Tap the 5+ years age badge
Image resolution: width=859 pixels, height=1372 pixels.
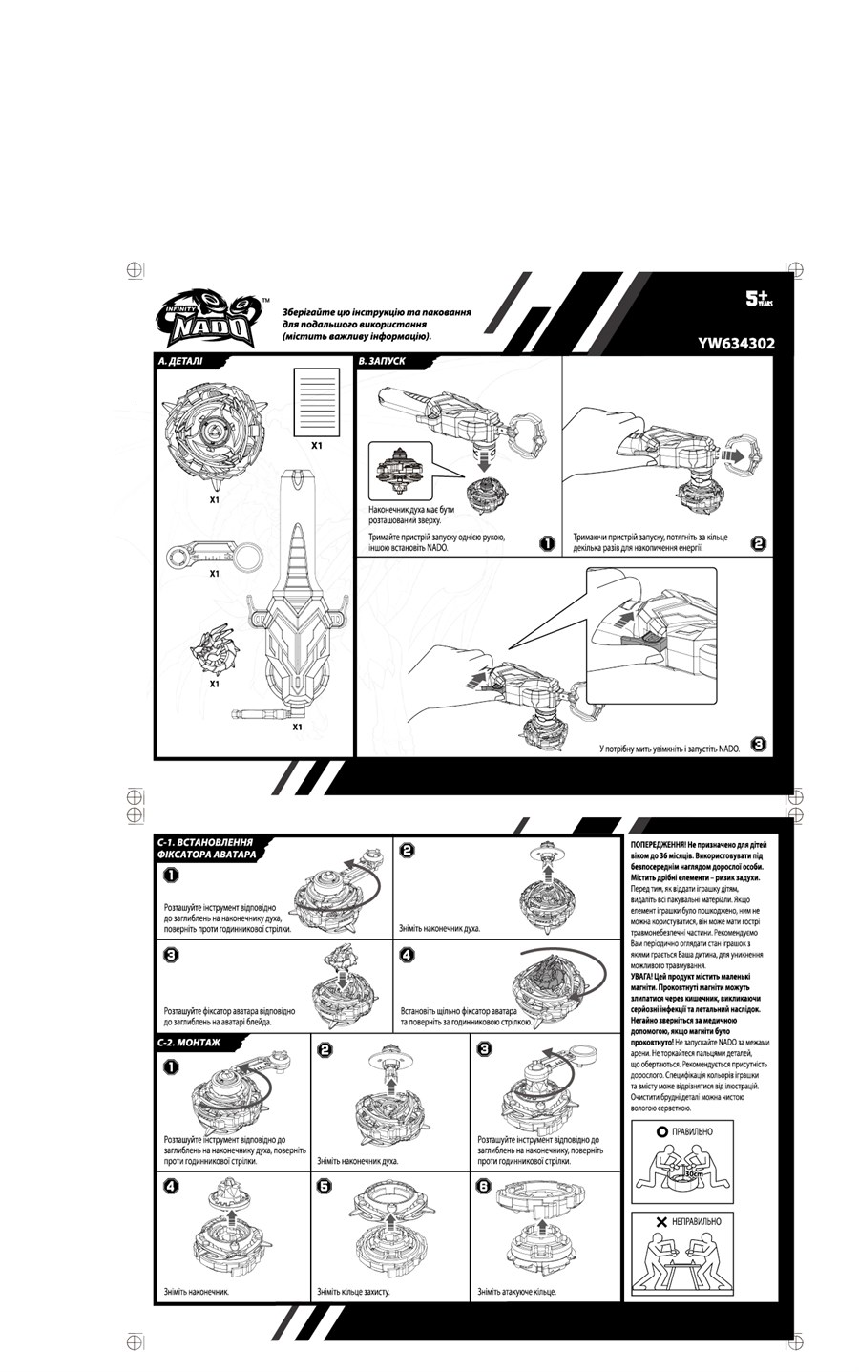[x=759, y=299]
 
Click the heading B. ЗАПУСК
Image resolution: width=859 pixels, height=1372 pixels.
[x=383, y=362]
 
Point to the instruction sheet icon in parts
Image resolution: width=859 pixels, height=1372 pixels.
[x=316, y=401]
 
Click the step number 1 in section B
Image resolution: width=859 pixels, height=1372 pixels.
[x=547, y=543]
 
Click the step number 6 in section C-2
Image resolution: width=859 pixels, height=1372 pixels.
[x=485, y=1186]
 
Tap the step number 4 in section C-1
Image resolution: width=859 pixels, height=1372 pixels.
[x=408, y=955]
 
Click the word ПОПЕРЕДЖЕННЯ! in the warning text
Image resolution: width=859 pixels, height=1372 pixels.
[x=659, y=846]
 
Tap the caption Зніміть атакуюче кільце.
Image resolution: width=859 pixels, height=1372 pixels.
[x=516, y=1292]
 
